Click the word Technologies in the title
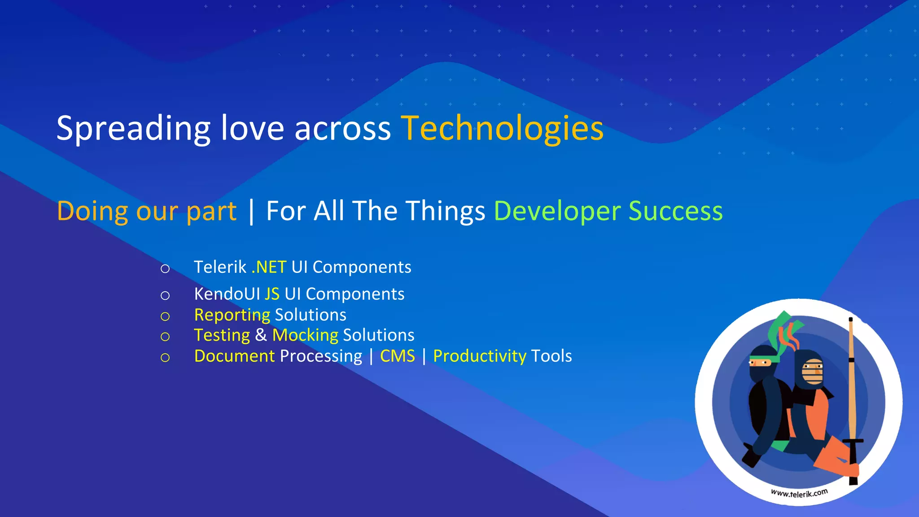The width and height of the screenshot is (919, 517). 502,129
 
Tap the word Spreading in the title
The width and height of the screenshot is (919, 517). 133,129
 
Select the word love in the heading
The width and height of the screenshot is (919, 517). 252,129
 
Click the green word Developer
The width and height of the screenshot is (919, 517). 556,211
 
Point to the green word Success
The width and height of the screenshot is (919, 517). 675,211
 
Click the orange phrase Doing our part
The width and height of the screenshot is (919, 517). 147,211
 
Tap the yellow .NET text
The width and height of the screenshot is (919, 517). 269,267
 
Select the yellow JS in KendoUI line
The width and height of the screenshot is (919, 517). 272,294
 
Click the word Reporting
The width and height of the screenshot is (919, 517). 232,315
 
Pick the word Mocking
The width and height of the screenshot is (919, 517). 305,335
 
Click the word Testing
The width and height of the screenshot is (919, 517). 222,335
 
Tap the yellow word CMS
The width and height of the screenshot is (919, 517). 398,356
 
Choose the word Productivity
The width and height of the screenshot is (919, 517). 479,356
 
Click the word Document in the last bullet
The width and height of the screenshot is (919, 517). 234,356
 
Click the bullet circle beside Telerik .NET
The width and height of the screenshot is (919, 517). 165,269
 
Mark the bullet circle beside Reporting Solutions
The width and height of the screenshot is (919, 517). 165,316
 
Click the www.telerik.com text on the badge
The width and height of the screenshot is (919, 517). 799,493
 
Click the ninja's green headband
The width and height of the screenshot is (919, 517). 764,359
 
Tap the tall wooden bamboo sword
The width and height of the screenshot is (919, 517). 851,395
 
